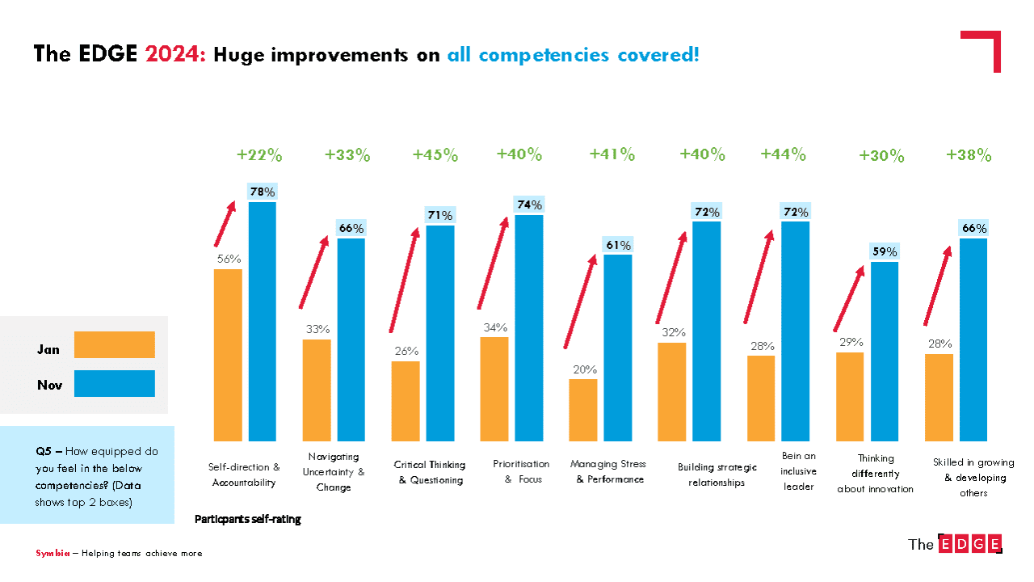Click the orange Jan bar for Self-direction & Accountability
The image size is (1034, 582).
[228, 355]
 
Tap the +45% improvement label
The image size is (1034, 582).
[435, 155]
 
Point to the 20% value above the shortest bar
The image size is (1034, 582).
[584, 369]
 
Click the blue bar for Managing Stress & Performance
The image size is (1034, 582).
[618, 348]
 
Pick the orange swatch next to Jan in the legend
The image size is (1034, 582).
[114, 344]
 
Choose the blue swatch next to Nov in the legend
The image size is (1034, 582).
[114, 384]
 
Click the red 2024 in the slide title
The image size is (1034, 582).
[176, 55]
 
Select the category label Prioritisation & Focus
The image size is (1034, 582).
[521, 471]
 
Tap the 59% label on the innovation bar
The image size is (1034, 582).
[885, 252]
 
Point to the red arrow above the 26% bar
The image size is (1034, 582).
[404, 280]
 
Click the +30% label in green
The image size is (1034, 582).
[881, 157]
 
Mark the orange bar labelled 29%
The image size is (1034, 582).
[850, 396]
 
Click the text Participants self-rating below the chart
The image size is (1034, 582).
[248, 520]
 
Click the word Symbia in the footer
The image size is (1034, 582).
[52, 554]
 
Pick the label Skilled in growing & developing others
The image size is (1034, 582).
[973, 477]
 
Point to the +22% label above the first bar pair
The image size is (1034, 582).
[260, 155]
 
